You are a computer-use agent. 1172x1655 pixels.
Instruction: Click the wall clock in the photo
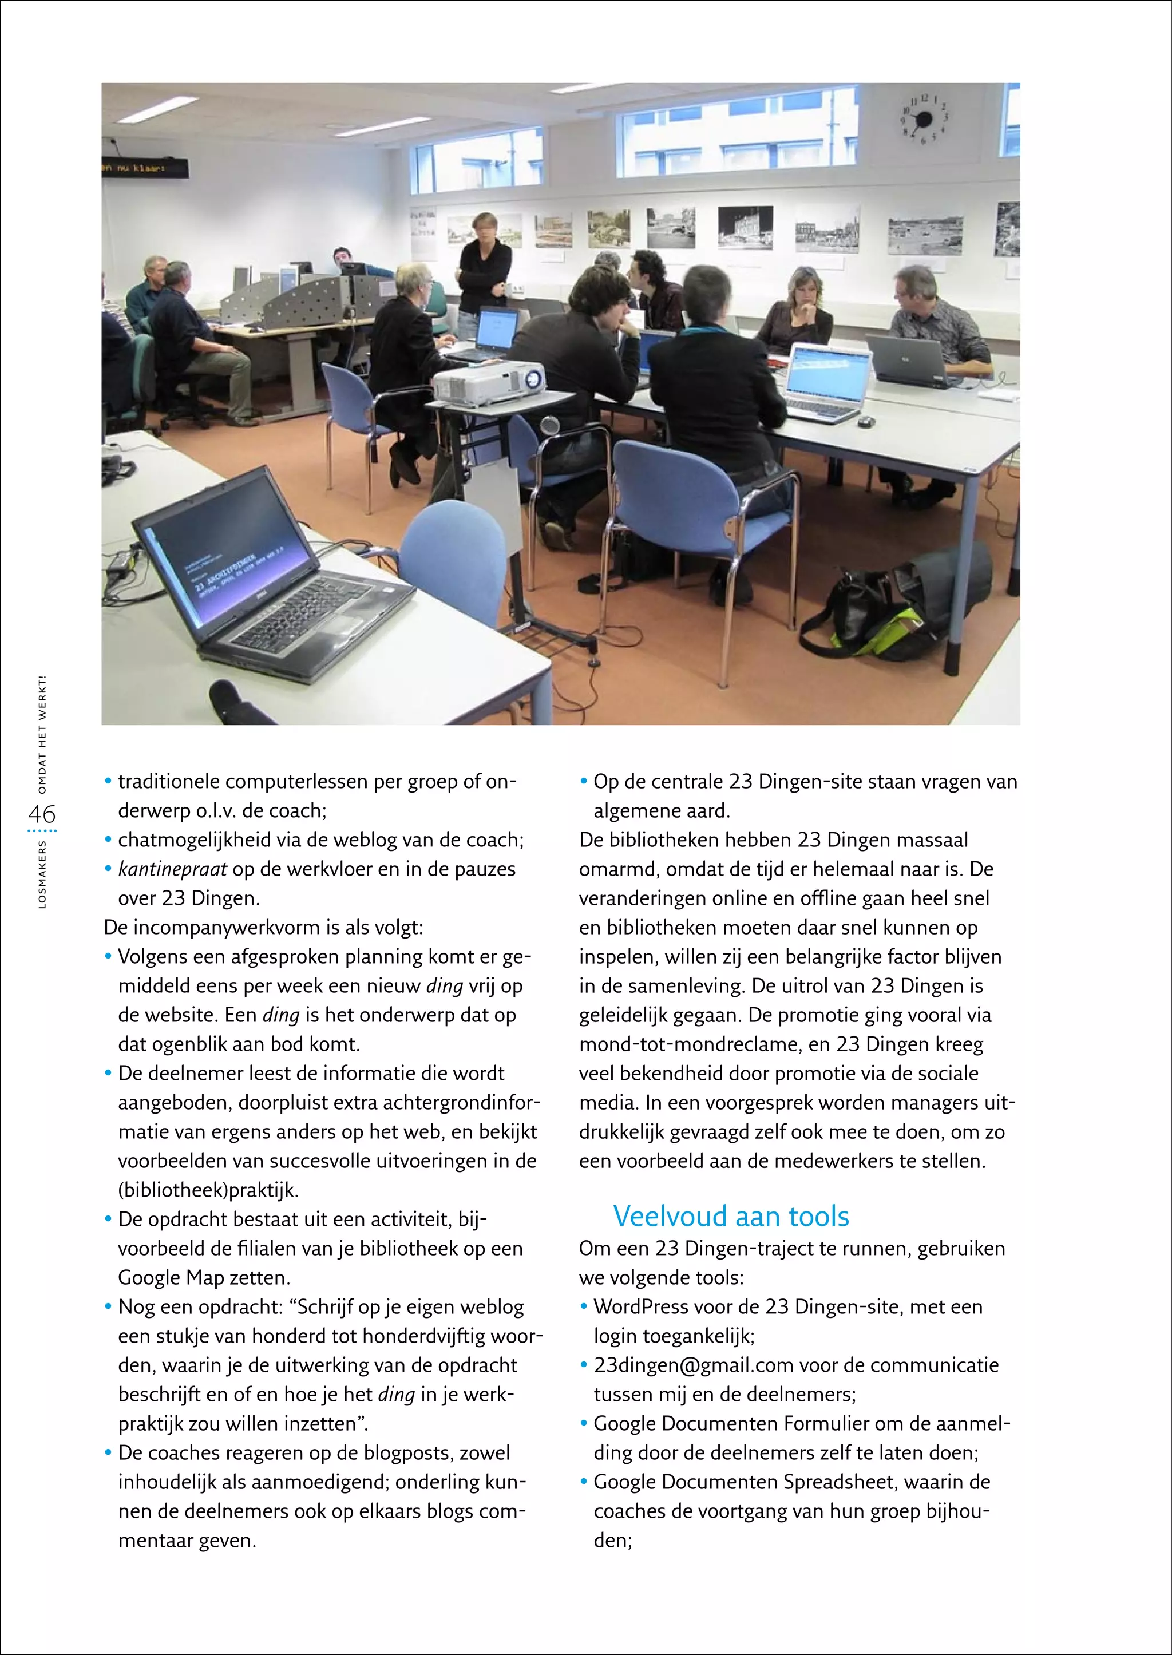pyautogui.click(x=923, y=118)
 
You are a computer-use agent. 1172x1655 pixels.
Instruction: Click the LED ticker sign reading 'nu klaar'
pyautogui.click(x=144, y=169)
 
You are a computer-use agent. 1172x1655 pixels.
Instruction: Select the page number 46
pyautogui.click(x=42, y=814)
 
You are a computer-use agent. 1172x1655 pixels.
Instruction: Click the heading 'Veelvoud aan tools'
pyautogui.click(x=730, y=1216)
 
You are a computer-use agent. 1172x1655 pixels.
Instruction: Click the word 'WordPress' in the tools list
pyautogui.click(x=640, y=1306)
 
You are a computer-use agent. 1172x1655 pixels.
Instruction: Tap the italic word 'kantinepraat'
pyautogui.click(x=172, y=869)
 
